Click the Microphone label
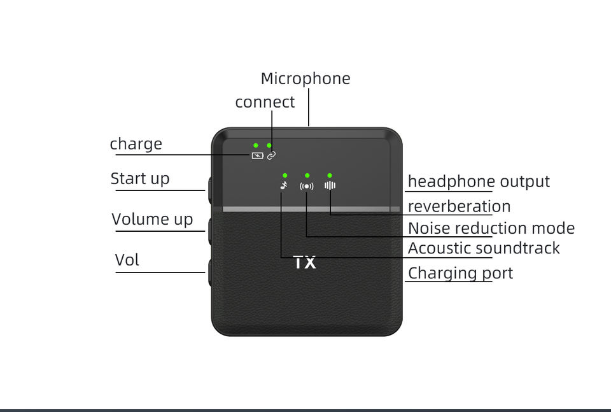tap(305, 79)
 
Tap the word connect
tap(265, 103)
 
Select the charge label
tap(136, 144)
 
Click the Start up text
tap(140, 178)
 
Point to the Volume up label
tap(152, 220)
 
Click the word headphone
tap(451, 181)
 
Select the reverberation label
tap(459, 206)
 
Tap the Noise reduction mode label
tap(491, 228)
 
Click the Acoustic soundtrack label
tap(484, 248)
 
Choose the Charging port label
tap(460, 273)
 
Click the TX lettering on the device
tap(305, 262)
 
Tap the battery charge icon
tap(257, 155)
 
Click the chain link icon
tap(271, 155)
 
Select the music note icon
tap(284, 186)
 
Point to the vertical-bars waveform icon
tap(330, 186)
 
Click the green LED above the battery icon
tap(256, 146)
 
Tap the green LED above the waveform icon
tap(330, 175)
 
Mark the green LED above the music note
tap(284, 175)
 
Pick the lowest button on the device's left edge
tap(209, 272)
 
